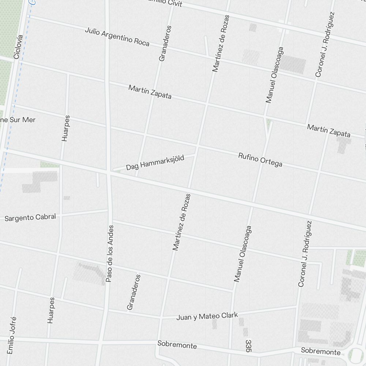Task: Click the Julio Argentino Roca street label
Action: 117,36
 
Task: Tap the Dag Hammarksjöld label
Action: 155,163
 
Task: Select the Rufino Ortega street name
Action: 260,160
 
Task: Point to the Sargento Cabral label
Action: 30,217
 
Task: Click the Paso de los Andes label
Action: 110,253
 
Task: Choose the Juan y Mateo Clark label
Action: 207,316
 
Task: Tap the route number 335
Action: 249,346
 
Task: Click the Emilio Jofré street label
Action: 12,335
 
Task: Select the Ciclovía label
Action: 18,47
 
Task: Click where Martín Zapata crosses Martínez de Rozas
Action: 207,105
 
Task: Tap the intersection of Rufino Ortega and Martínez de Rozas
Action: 197,146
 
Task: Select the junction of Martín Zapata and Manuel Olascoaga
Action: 264,117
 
